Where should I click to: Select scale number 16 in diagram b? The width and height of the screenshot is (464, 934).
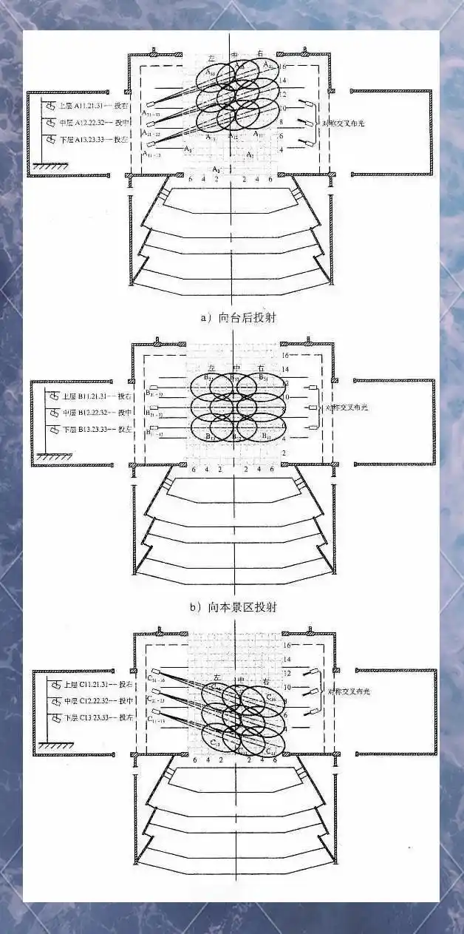click(x=286, y=356)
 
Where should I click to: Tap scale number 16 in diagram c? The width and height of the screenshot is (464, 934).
click(x=287, y=646)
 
